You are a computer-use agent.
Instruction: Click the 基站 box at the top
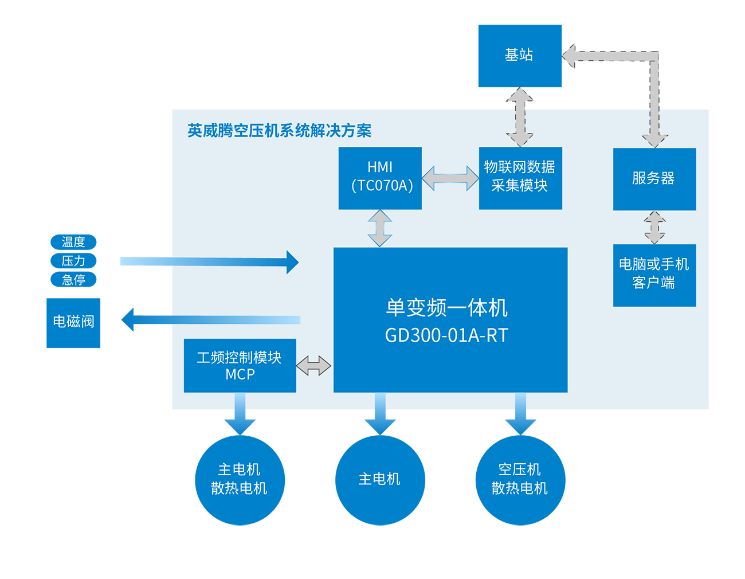pos(519,56)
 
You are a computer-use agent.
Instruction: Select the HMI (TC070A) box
pos(380,178)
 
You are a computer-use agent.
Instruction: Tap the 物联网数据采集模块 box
pos(520,178)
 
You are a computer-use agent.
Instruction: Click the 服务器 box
pos(654,179)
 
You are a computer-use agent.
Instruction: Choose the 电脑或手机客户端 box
pos(654,275)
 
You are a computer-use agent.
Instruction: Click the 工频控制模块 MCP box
pos(240,365)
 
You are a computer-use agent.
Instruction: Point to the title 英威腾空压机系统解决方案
pos(279,131)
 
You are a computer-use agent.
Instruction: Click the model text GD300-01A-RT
pos(446,335)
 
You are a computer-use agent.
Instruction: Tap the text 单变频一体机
pos(446,308)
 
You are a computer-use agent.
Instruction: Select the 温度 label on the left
pos(73,242)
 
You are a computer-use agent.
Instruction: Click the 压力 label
pos(73,261)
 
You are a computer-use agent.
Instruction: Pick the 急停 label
pos(73,280)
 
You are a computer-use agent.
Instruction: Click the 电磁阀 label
pos(73,322)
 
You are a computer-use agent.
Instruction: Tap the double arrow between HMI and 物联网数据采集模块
pos(450,178)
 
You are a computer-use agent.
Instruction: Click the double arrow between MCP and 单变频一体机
pos(313,365)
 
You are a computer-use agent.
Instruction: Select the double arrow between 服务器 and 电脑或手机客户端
pos(654,228)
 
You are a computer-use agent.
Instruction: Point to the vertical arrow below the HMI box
pos(380,228)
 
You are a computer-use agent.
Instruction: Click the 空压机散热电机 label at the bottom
pos(519,479)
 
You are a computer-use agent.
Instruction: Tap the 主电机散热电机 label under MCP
pos(239,479)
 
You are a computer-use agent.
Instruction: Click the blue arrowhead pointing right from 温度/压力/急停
pos(292,262)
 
